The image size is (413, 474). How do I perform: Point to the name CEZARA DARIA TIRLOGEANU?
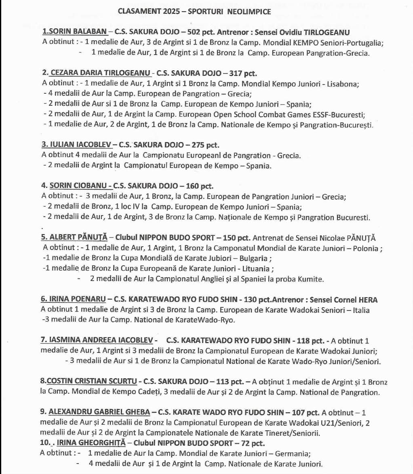point(101,73)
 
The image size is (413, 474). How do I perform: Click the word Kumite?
point(310,279)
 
